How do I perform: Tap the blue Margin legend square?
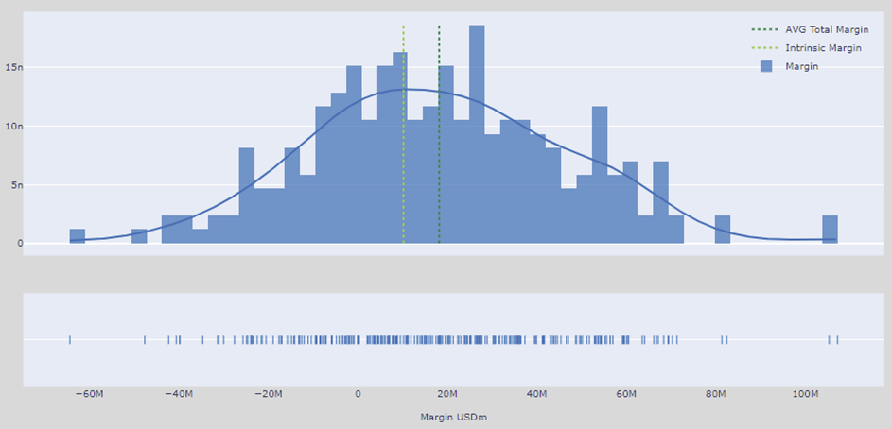pos(766,66)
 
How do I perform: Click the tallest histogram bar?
pos(477,132)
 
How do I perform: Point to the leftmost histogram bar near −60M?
pos(78,236)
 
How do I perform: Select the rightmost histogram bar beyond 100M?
pos(830,230)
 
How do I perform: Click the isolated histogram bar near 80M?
pos(723,230)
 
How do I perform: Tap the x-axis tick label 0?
pos(358,394)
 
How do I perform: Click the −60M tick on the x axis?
pos(87,394)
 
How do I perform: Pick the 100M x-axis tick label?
pos(805,394)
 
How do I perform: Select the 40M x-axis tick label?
pos(537,394)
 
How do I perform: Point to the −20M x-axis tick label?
pos(268,394)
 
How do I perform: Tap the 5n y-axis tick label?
pos(12,185)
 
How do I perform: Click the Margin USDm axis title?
pos(453,417)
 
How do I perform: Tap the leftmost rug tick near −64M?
pos(70,339)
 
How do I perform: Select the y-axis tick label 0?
pos(16,244)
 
